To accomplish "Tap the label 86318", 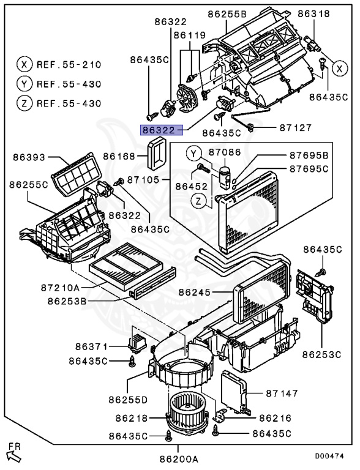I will (313, 13).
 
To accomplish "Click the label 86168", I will (119, 157).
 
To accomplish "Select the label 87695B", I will (309, 156).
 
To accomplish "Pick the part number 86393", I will (28, 157).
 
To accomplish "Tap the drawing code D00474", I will (330, 456).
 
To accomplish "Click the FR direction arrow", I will (12, 453).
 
